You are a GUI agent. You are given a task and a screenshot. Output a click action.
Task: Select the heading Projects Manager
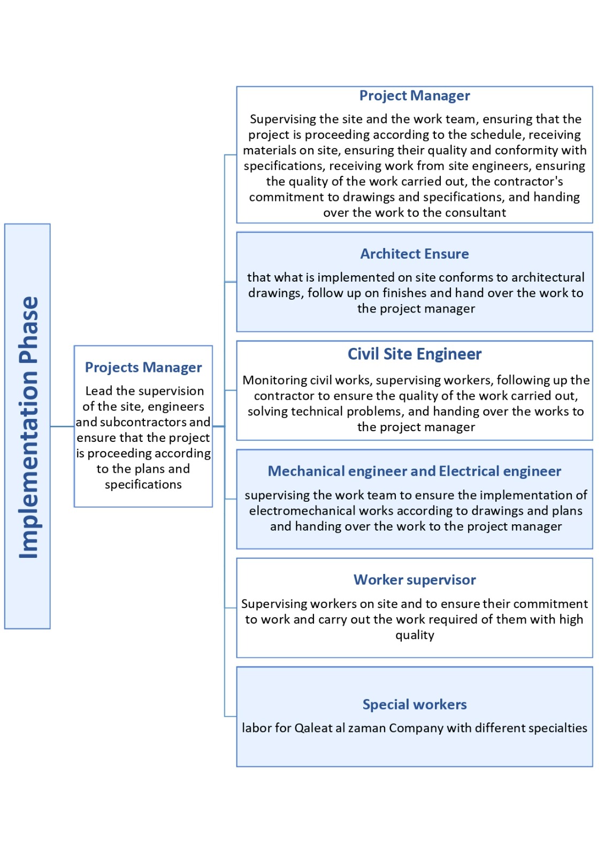point(143,368)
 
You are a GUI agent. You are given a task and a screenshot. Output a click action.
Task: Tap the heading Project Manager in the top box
point(415,96)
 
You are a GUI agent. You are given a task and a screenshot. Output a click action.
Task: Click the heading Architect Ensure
point(415,254)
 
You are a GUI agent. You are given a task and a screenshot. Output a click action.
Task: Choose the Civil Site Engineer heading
point(415,354)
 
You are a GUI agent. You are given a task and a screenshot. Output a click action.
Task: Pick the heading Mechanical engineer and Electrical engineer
point(415,471)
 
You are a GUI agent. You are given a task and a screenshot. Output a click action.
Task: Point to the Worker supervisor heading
point(415,580)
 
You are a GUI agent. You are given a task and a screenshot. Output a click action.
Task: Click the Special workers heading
point(415,704)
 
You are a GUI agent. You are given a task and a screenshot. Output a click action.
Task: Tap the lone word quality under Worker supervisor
point(415,635)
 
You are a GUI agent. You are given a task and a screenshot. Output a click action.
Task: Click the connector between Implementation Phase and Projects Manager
point(62,426)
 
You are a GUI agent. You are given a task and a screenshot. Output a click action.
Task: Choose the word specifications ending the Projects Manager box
point(143,485)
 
